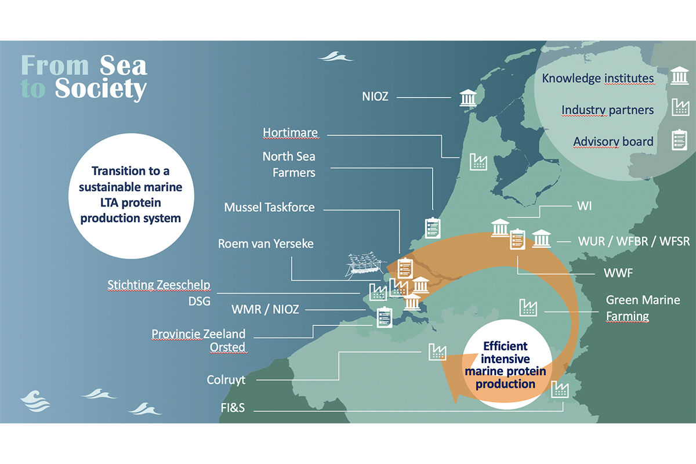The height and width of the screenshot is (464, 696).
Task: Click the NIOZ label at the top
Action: (375, 97)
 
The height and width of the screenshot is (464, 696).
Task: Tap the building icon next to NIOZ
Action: (467, 97)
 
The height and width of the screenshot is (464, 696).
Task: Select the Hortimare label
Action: (290, 133)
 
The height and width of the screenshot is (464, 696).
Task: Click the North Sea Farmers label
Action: (289, 164)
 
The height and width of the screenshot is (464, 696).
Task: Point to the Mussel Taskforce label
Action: (269, 207)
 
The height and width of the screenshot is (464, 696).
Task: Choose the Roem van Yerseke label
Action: (266, 244)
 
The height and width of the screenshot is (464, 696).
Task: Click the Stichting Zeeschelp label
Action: (158, 285)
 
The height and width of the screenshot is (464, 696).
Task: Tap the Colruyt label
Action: (226, 380)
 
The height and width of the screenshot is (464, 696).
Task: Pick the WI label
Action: (584, 206)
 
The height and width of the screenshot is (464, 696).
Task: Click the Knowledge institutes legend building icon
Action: (680, 76)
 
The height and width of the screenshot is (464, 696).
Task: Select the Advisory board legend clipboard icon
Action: (680, 140)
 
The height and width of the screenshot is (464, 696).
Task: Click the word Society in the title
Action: (101, 89)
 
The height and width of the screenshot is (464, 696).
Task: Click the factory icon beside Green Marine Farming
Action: (528, 307)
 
